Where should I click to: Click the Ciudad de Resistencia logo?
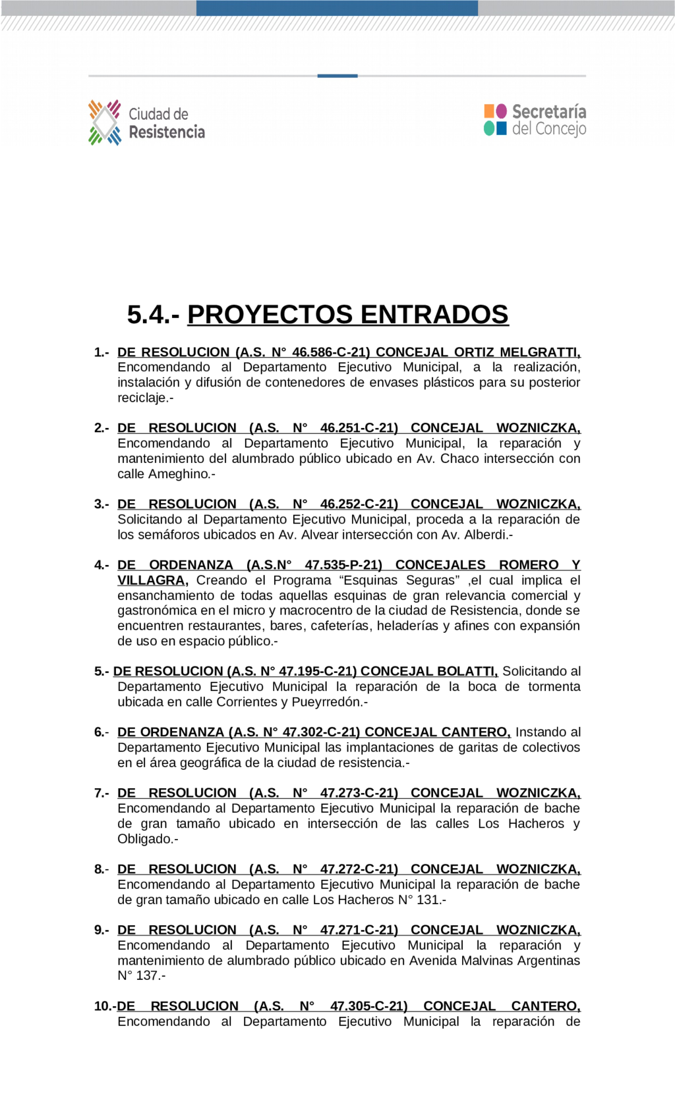coord(146,122)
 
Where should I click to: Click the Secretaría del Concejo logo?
coord(535,120)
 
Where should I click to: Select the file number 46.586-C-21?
coord(330,352)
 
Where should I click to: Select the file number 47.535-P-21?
coord(342,565)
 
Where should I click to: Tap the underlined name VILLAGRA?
coord(151,580)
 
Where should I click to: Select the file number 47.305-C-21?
coord(368,1006)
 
